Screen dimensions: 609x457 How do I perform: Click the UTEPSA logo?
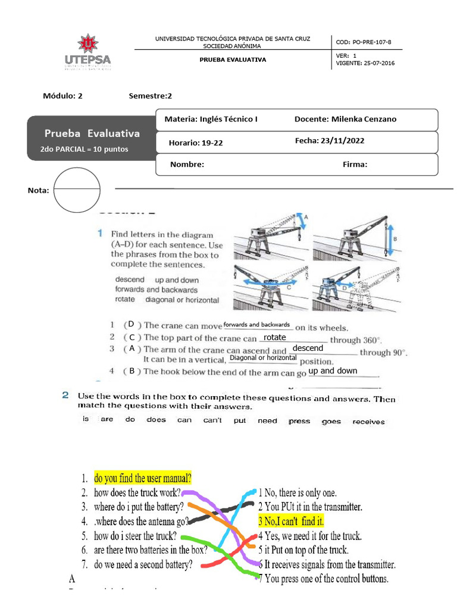pyautogui.click(x=87, y=53)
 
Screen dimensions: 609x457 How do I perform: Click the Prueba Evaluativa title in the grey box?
pyautogui.click(x=92, y=133)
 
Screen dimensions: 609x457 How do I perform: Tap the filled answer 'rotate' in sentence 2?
pyautogui.click(x=275, y=337)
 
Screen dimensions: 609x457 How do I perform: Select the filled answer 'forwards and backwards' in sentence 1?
pyautogui.click(x=256, y=325)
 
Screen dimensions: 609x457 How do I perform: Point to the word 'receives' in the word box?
pyautogui.click(x=368, y=422)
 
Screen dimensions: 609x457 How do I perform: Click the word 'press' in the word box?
pyautogui.click(x=299, y=421)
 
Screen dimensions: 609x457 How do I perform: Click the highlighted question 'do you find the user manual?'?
pyautogui.click(x=143, y=478)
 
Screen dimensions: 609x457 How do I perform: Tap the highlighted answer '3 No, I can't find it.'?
pyautogui.click(x=291, y=522)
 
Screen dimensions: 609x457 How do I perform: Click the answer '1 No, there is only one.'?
pyautogui.click(x=297, y=492)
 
